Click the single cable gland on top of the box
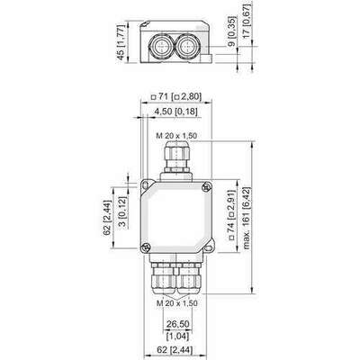click(x=177, y=158)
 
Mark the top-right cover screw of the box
click(x=207, y=187)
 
